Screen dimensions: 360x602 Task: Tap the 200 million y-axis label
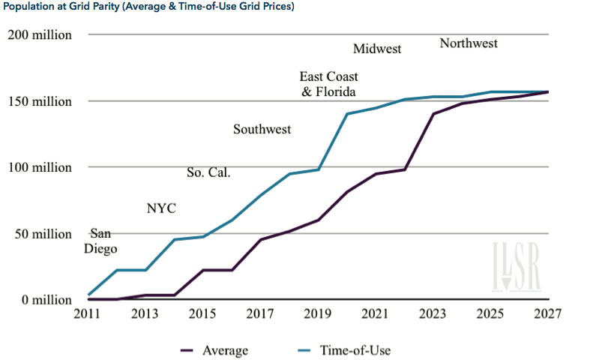40,34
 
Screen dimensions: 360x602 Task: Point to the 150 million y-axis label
40,101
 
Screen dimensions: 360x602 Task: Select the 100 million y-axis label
40,167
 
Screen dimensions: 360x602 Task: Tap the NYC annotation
161,208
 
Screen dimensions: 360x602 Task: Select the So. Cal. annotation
208,173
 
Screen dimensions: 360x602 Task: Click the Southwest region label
262,130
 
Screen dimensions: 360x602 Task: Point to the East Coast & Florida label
328,84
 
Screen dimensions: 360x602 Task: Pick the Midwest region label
377,49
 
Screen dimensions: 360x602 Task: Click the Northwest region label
469,43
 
